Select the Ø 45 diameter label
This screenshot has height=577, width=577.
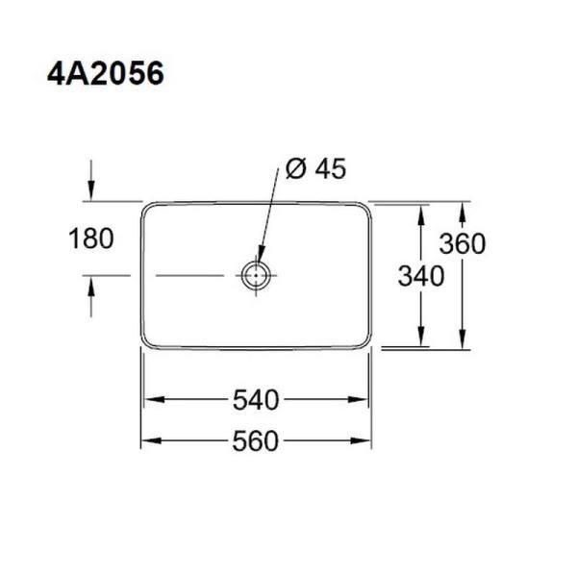coord(316,169)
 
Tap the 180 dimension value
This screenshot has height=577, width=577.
coord(92,238)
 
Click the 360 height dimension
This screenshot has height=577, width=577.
coord(464,244)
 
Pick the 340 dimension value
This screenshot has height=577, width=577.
coord(421,277)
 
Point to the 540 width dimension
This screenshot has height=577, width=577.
coord(256,399)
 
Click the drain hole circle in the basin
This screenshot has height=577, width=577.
coord(257,276)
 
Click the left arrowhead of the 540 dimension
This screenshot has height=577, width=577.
coord(148,399)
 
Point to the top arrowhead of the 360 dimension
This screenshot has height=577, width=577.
coord(464,209)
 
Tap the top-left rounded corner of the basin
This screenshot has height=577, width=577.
coord(147,208)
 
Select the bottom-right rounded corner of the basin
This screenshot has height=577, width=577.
coord(365,342)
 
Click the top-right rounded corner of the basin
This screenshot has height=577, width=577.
coord(365,208)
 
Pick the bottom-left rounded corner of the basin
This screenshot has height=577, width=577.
coord(147,342)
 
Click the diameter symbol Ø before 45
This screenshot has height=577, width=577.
coord(296,169)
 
